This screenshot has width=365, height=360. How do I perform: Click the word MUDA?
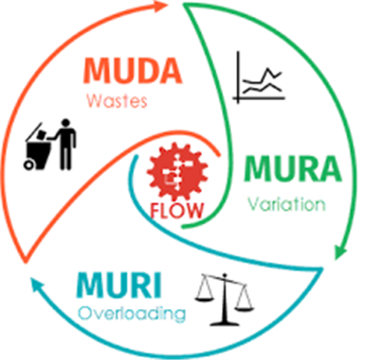(132, 71)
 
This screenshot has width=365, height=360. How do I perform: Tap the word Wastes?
(117, 102)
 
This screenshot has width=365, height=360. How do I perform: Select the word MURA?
(293, 169)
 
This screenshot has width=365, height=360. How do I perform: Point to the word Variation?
(287, 204)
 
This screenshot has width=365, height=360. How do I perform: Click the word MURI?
(119, 286)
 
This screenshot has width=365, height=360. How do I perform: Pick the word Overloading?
(132, 314)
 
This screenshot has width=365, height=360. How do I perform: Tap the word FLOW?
(177, 210)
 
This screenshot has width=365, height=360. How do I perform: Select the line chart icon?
(259, 77)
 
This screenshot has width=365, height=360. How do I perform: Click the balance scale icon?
(224, 300)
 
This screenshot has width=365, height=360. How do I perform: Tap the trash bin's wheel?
(28, 165)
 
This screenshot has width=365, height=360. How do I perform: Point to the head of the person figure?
(66, 123)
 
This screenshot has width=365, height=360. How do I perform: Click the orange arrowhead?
(161, 6)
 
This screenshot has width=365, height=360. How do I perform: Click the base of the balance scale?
(225, 323)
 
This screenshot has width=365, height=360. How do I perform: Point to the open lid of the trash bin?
(34, 131)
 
